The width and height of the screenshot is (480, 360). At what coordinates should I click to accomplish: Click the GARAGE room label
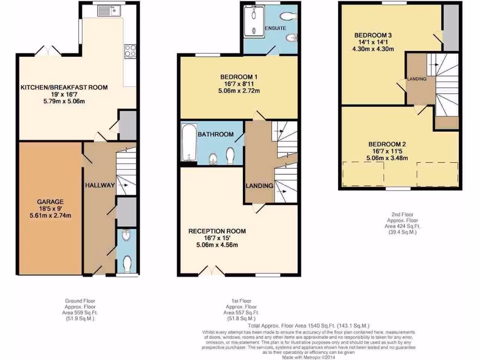(x=50, y=202)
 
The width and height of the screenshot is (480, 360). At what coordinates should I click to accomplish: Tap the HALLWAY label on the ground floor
(x=100, y=185)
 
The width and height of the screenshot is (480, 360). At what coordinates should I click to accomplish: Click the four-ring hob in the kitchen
(x=130, y=50)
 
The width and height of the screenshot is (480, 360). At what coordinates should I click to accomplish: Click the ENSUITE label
(x=275, y=28)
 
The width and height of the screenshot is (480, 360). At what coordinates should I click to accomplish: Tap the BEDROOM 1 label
(x=239, y=77)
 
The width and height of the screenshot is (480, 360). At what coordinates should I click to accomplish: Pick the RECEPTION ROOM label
(x=217, y=231)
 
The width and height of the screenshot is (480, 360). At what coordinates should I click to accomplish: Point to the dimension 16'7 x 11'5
(x=387, y=151)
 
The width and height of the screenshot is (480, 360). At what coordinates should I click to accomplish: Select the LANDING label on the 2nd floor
(x=417, y=79)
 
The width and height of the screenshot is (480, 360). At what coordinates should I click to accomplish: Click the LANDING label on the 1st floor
(x=259, y=186)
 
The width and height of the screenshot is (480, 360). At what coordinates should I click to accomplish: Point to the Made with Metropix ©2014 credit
(x=308, y=357)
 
